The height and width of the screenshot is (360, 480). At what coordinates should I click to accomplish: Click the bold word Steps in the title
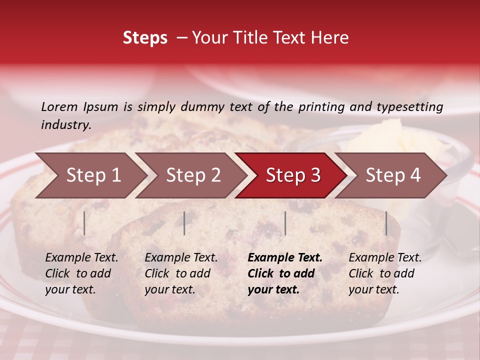pyautogui.click(x=145, y=38)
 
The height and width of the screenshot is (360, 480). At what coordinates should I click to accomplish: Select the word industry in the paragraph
pyautogui.click(x=65, y=125)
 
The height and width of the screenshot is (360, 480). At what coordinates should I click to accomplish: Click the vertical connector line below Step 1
pyautogui.click(x=84, y=223)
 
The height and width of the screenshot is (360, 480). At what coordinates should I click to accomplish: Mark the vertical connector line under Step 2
pyautogui.click(x=184, y=223)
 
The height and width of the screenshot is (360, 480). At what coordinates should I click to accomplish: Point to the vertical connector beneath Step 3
pyautogui.click(x=285, y=223)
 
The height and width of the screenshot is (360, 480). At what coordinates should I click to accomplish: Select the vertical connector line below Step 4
pyautogui.click(x=386, y=223)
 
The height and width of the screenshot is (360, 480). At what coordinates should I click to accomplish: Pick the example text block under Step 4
pyautogui.click(x=384, y=273)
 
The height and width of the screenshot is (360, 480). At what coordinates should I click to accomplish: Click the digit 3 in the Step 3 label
pyautogui.click(x=314, y=175)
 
